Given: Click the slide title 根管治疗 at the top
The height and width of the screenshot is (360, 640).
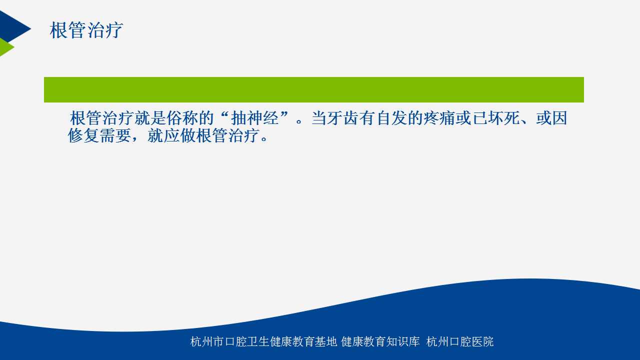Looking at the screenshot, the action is (x=86, y=30).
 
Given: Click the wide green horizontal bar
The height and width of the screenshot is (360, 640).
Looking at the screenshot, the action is (x=313, y=89).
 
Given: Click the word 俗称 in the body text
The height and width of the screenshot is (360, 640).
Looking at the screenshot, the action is (x=182, y=118).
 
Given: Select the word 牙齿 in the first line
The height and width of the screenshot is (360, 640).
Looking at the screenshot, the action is (x=342, y=118).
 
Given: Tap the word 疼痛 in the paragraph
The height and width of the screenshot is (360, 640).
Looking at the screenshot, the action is (x=439, y=118).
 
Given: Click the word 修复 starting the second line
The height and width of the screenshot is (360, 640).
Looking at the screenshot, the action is (x=83, y=135).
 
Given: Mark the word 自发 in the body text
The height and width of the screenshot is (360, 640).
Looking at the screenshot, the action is (x=391, y=118).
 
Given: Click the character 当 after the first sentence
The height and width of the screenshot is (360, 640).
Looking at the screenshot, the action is (x=318, y=118).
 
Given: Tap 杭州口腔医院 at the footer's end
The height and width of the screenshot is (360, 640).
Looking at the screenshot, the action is (x=459, y=341).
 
